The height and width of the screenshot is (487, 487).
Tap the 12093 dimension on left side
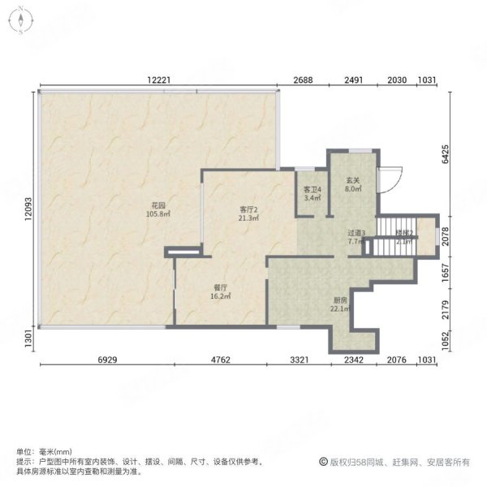pos(28,212)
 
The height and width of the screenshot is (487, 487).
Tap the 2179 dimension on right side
pos(446,311)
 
